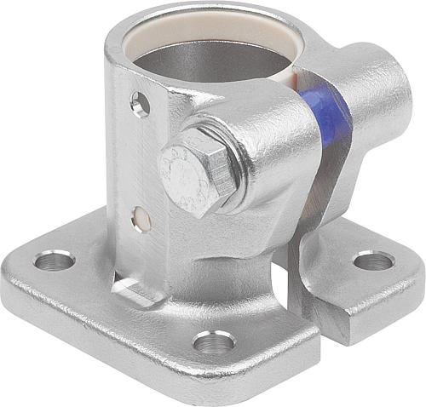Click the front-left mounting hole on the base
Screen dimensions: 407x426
tap(54, 260)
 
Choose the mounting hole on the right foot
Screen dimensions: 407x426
tap(373, 261)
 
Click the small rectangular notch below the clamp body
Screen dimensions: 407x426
tap(136, 290)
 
